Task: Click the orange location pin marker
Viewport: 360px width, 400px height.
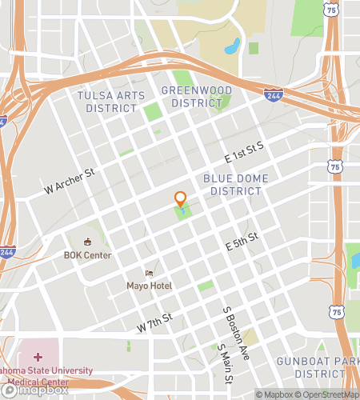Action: point(181,200)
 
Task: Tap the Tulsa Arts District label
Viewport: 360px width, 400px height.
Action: point(111,102)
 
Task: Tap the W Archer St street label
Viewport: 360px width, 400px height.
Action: point(70,184)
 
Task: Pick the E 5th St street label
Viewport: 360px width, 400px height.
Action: point(242,241)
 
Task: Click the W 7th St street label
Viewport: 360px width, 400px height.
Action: point(154,323)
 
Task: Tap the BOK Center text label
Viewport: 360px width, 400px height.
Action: point(88,255)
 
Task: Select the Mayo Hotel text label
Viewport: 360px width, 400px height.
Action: point(149,285)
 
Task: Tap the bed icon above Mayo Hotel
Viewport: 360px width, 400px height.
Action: point(148,273)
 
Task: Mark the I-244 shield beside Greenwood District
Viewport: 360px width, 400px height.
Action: point(273,95)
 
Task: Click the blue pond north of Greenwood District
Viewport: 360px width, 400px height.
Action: point(233,46)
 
